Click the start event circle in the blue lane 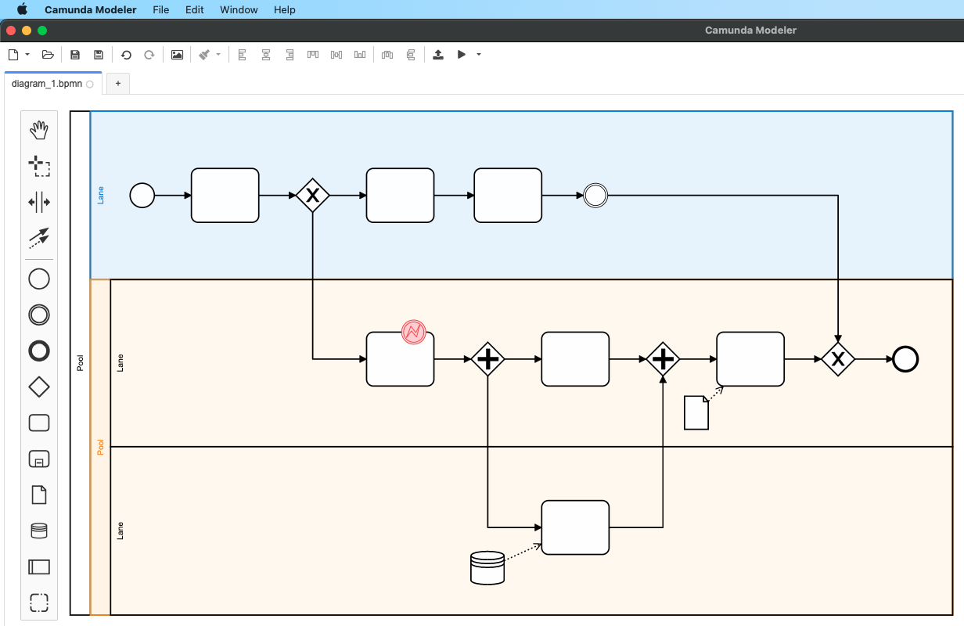click(x=142, y=195)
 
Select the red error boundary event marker click(x=413, y=332)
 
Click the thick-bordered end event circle click(x=905, y=359)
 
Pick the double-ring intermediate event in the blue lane click(x=595, y=195)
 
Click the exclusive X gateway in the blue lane click(x=312, y=195)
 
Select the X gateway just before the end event click(x=838, y=359)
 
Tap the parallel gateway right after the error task click(x=487, y=359)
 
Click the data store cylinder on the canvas click(x=487, y=567)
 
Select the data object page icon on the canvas click(x=696, y=412)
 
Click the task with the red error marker click(x=400, y=364)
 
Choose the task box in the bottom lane click(x=575, y=527)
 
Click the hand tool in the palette click(x=39, y=130)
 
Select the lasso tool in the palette click(x=39, y=166)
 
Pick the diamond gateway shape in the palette click(x=39, y=387)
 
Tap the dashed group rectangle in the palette click(x=39, y=602)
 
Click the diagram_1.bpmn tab click(x=47, y=84)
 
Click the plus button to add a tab click(x=118, y=84)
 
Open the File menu click(x=161, y=10)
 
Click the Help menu click(x=285, y=10)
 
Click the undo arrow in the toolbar click(x=126, y=55)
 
